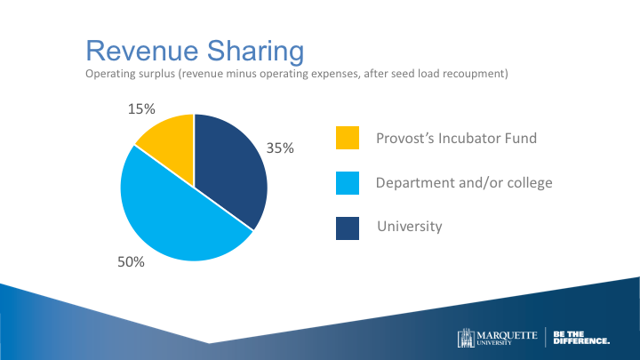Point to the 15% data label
(142, 109)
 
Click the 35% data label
(281, 149)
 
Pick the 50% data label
(131, 262)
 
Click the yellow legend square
(348, 139)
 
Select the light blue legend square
(348, 183)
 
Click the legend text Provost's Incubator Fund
(456, 139)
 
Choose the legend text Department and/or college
(464, 183)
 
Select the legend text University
(410, 227)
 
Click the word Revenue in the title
(134, 50)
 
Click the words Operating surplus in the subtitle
(130, 74)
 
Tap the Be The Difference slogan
(581, 338)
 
